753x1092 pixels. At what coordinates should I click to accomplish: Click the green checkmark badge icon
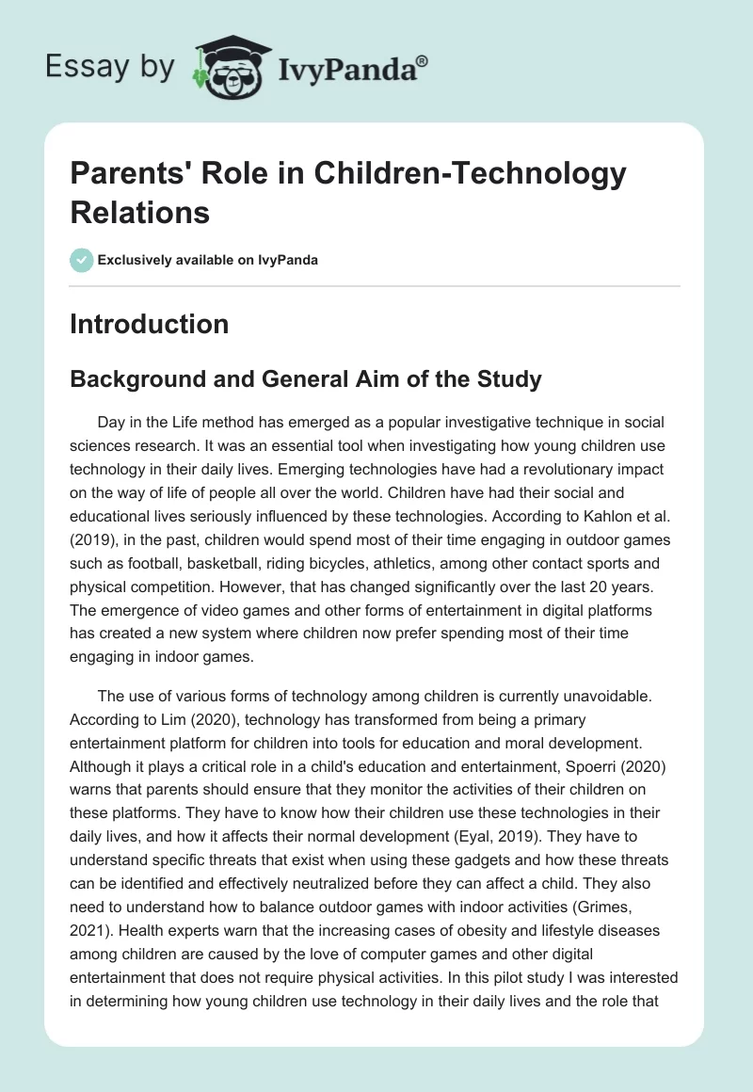click(82, 261)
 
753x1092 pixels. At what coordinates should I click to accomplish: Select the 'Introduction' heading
click(149, 324)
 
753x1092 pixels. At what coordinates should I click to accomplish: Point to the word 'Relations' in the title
click(140, 212)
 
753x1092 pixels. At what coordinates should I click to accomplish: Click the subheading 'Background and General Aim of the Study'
click(306, 379)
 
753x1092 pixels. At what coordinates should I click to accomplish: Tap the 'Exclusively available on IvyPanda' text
click(209, 261)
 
